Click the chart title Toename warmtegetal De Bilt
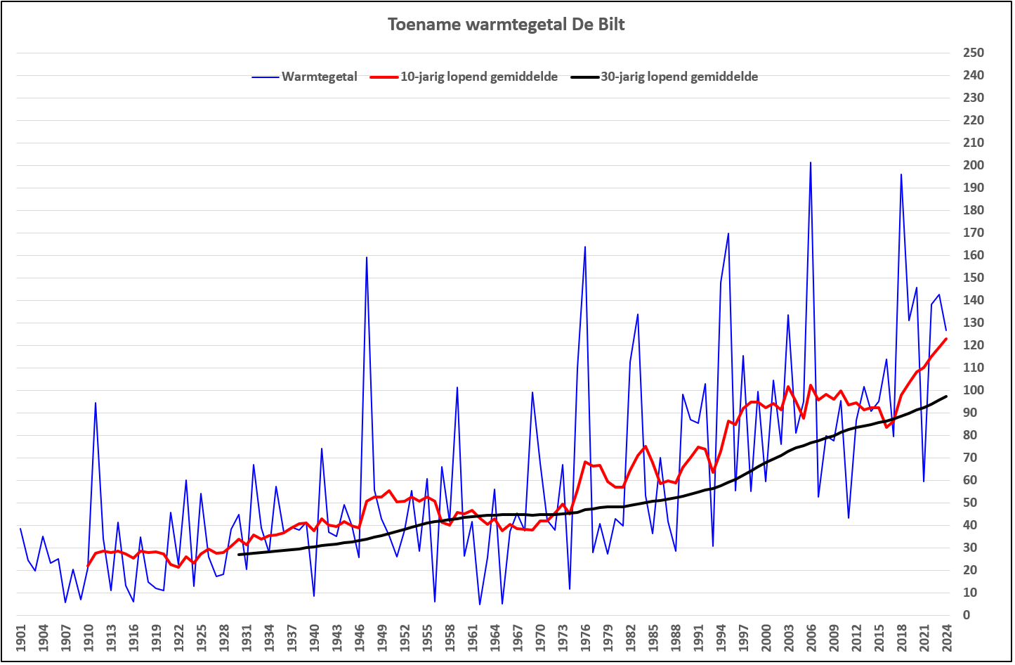coord(506,25)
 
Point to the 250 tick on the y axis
coord(974,53)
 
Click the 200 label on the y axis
coord(974,165)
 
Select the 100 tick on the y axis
coord(974,390)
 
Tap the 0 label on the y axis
coord(967,615)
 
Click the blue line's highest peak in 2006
coord(811,162)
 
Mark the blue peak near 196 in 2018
coord(901,174)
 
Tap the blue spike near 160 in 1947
coord(367,257)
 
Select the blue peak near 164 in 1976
coord(585,247)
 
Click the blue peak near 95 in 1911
coord(96,403)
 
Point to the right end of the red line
coord(946,339)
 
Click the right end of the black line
coord(946,396)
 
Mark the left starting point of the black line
coord(239,555)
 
